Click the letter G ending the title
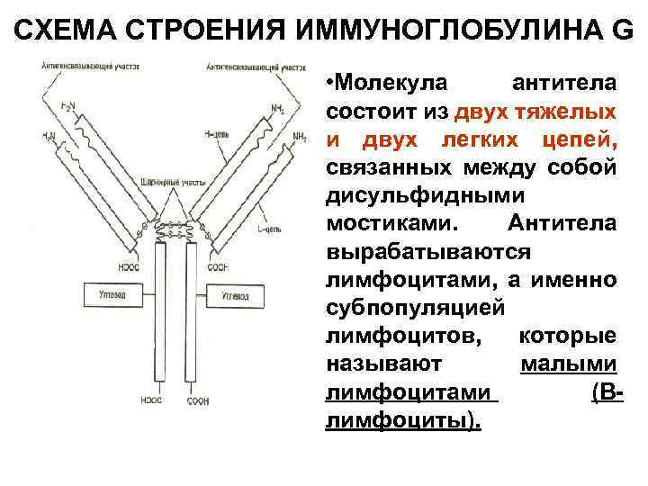pyautogui.click(x=622, y=30)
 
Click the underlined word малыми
pyautogui.click(x=568, y=365)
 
